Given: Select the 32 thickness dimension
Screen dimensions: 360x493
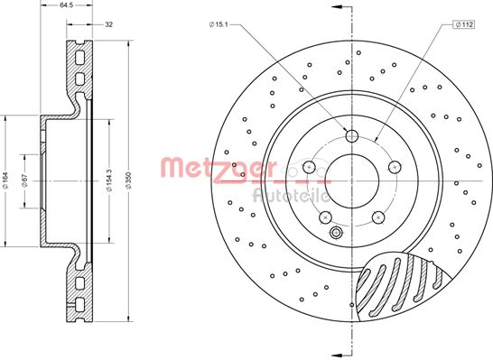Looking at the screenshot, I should (x=108, y=25).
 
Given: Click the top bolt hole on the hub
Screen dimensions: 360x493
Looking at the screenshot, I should (x=352, y=136).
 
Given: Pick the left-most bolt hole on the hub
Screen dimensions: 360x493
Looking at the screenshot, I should (x=309, y=167).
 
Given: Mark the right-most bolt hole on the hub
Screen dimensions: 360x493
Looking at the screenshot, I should (x=395, y=167).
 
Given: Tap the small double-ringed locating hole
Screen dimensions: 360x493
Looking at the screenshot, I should (x=336, y=235).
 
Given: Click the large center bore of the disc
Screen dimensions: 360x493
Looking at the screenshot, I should (x=352, y=180).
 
